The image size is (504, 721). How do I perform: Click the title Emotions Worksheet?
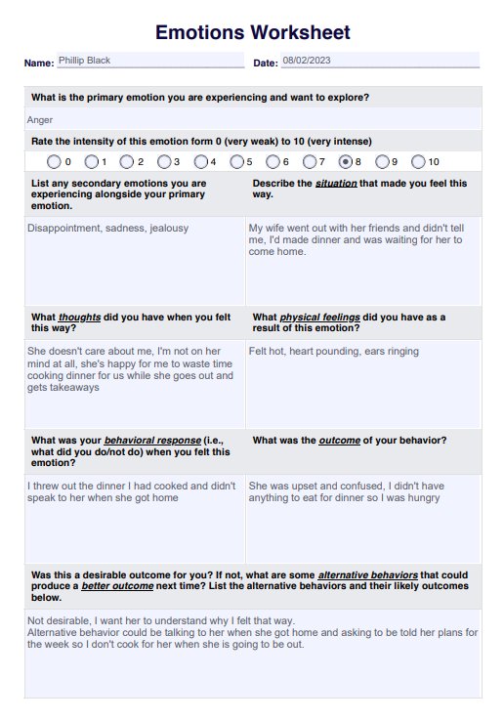point(252,32)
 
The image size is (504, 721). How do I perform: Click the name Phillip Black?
point(84,61)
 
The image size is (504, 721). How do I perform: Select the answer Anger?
point(40,120)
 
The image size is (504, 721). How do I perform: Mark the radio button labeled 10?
point(418,161)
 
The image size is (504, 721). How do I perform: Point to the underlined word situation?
point(335,183)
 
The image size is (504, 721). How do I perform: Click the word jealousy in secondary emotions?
point(169,228)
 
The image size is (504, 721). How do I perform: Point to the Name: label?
point(39,64)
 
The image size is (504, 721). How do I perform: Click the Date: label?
point(266,64)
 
